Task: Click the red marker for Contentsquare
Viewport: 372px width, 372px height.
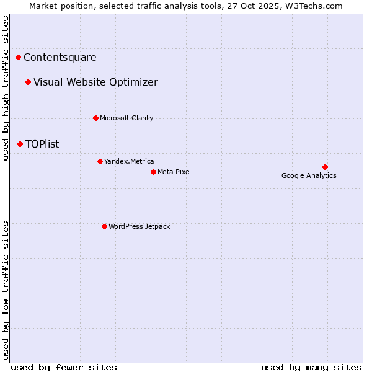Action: (x=19, y=58)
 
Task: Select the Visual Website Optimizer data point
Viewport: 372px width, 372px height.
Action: (x=29, y=82)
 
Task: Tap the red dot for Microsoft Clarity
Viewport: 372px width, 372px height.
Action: (x=95, y=118)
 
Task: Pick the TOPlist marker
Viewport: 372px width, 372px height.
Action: (x=20, y=144)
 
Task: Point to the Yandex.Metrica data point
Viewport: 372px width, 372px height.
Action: (x=100, y=161)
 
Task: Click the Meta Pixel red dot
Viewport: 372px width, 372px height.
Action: (x=153, y=172)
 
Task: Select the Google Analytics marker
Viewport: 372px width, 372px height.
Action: (x=325, y=167)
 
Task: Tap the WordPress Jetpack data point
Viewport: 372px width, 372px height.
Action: (x=104, y=226)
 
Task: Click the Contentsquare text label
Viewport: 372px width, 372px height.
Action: (x=60, y=58)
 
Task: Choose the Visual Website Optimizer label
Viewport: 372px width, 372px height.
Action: (x=95, y=82)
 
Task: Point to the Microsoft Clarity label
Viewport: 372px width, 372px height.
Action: (x=126, y=118)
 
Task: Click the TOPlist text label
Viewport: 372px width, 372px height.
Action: (x=42, y=144)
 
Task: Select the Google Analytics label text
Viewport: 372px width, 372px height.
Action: (x=309, y=175)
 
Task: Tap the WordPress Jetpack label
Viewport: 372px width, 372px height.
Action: (x=139, y=226)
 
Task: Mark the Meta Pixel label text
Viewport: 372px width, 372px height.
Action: (x=174, y=172)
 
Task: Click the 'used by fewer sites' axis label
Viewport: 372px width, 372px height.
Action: (x=64, y=367)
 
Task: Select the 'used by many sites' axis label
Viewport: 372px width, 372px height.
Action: (x=311, y=367)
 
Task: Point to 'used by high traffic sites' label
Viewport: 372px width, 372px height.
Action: (x=6, y=88)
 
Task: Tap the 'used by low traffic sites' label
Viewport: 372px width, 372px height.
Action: (x=6, y=290)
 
